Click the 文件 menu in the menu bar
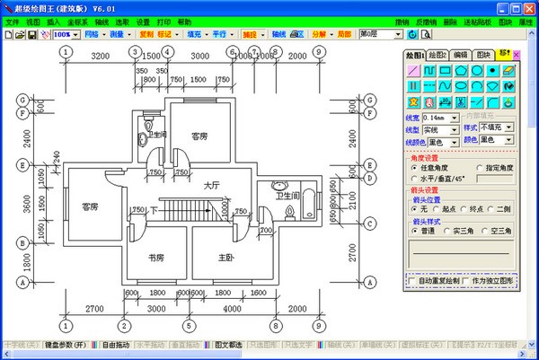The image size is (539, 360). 12,21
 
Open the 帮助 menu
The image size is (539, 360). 184,21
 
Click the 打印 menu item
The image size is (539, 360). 163,21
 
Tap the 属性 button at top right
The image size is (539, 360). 527,21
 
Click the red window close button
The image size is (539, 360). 530,7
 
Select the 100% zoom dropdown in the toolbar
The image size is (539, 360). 65,34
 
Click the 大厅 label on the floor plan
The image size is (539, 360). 212,185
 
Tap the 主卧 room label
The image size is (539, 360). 227,258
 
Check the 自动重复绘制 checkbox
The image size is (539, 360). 412,281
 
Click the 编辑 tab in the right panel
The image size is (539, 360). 460,55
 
